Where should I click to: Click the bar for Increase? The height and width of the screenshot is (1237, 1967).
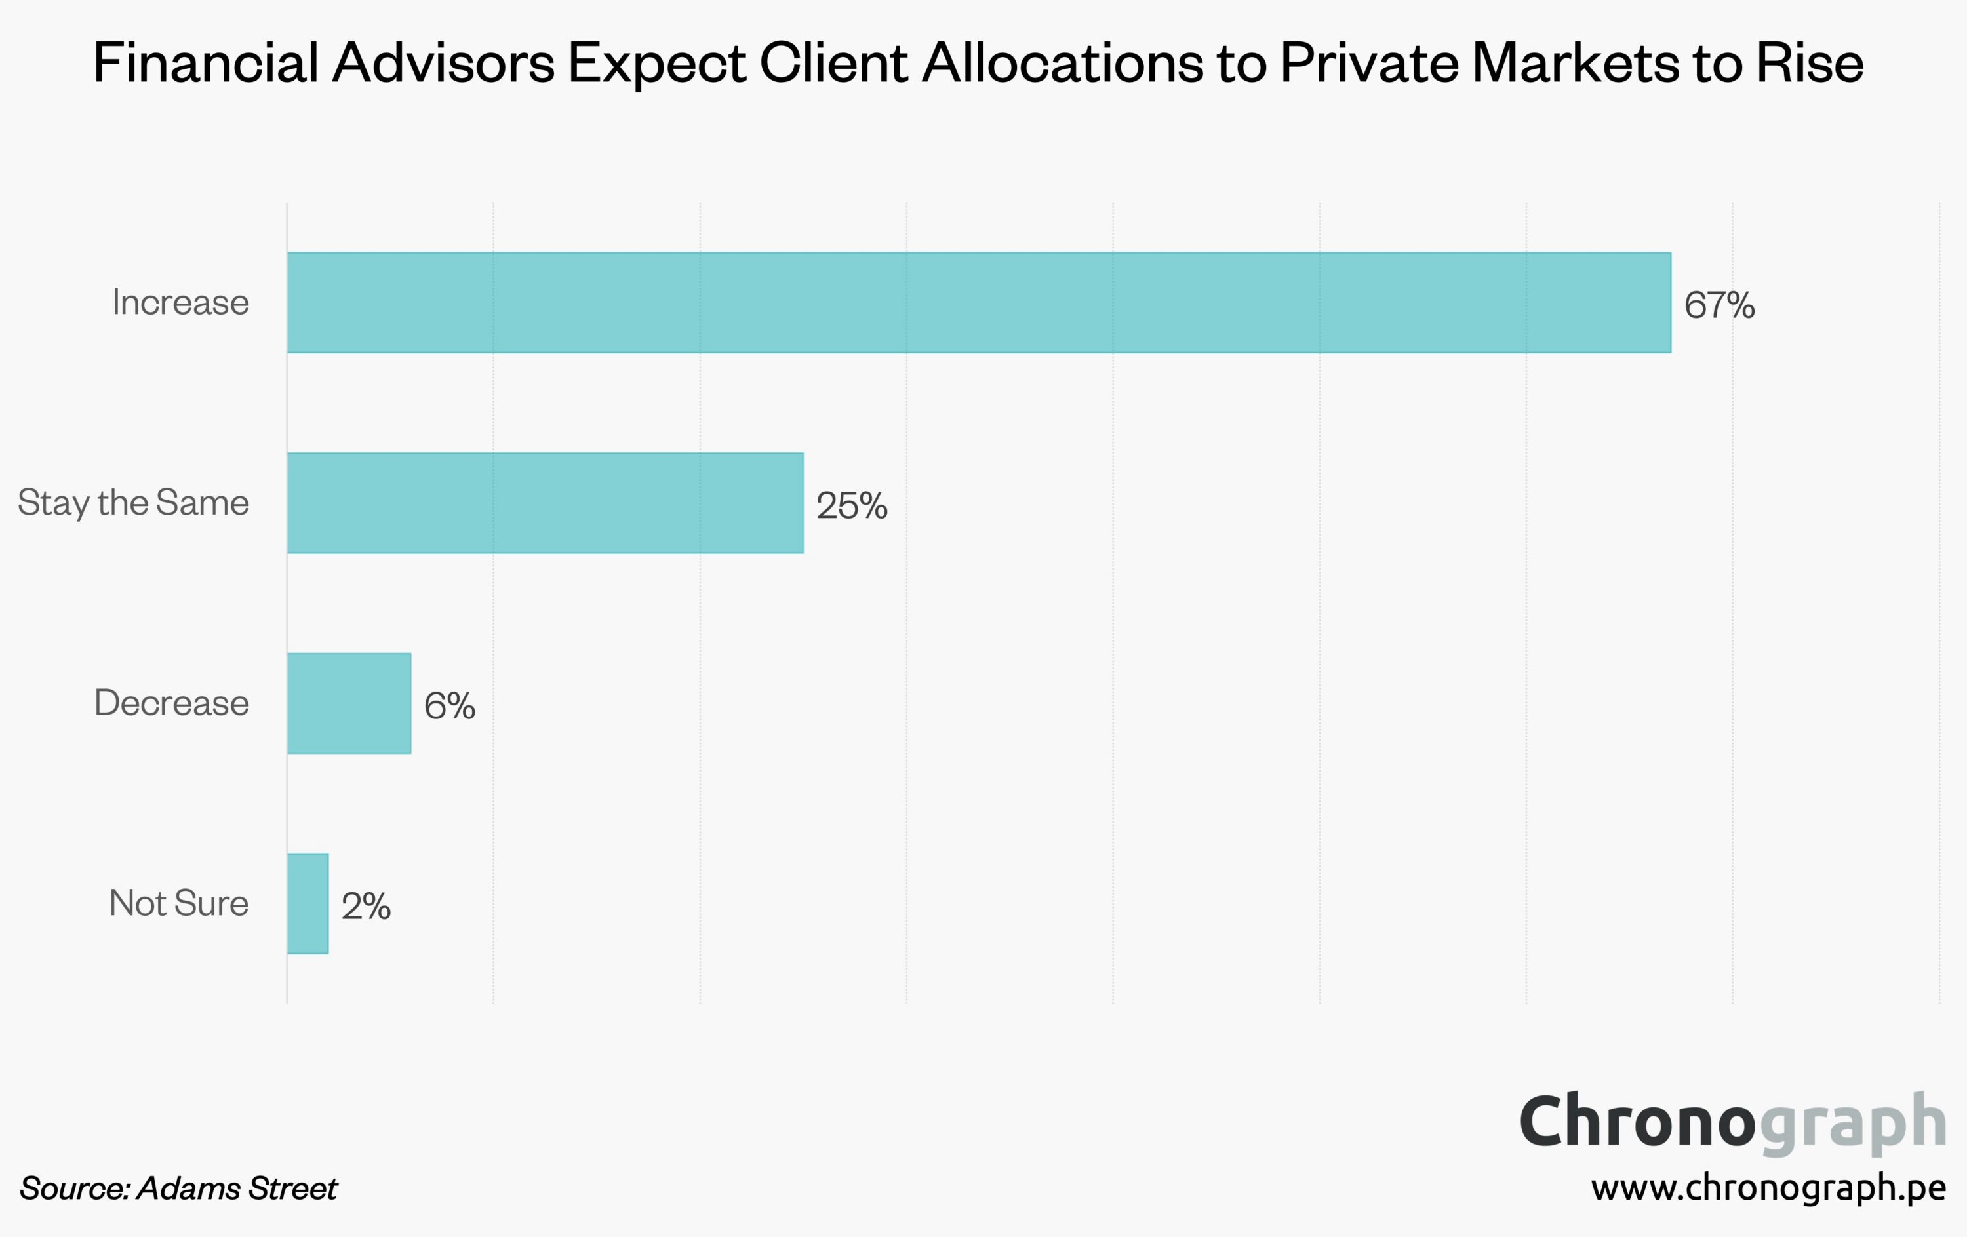click(979, 303)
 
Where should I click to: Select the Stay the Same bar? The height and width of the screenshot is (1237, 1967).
click(545, 503)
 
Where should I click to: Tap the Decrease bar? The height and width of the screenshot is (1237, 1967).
click(349, 703)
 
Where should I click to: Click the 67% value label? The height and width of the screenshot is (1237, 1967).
click(1719, 305)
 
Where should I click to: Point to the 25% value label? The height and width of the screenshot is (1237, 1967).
click(851, 505)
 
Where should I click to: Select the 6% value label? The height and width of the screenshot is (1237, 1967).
click(449, 705)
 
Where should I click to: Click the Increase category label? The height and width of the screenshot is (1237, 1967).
click(180, 303)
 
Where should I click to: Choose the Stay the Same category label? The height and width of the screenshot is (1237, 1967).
click(133, 503)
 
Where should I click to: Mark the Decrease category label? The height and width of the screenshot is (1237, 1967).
click(172, 703)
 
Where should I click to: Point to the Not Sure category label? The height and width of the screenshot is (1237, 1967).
click(179, 904)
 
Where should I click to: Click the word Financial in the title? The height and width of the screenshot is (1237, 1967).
click(206, 63)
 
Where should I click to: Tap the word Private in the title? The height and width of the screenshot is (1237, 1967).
click(1368, 63)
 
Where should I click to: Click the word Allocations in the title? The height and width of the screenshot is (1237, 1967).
click(1063, 63)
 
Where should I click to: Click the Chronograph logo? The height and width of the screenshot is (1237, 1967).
click(1732, 1123)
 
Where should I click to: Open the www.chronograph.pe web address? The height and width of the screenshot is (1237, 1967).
click(1768, 1188)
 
